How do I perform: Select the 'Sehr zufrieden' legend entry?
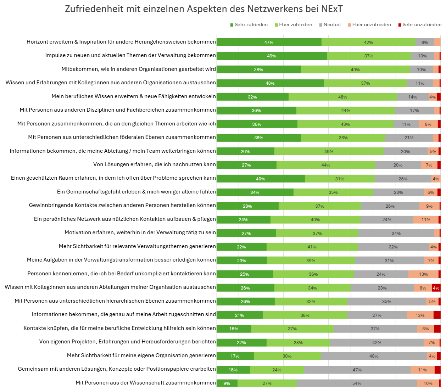coord(249,25)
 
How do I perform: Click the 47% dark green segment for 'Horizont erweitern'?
coord(269,43)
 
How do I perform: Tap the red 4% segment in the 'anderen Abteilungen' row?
coord(436,288)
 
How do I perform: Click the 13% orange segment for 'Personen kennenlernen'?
coord(423,274)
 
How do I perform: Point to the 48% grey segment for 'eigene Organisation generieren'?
coord(374,356)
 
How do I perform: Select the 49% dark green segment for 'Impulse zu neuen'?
coord(272,56)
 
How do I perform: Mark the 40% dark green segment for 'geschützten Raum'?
coord(261,179)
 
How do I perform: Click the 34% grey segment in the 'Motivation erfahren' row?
coord(396,234)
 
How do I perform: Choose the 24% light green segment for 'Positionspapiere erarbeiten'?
coord(277,370)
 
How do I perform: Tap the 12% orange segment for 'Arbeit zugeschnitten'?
coord(420,315)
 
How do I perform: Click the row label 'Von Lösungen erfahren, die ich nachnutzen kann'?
coord(154,164)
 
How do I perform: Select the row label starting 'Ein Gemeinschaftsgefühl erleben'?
coord(136,192)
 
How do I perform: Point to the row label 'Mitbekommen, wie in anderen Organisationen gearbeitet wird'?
coord(139,69)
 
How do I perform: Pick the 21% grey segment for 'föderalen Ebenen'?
coord(409,138)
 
